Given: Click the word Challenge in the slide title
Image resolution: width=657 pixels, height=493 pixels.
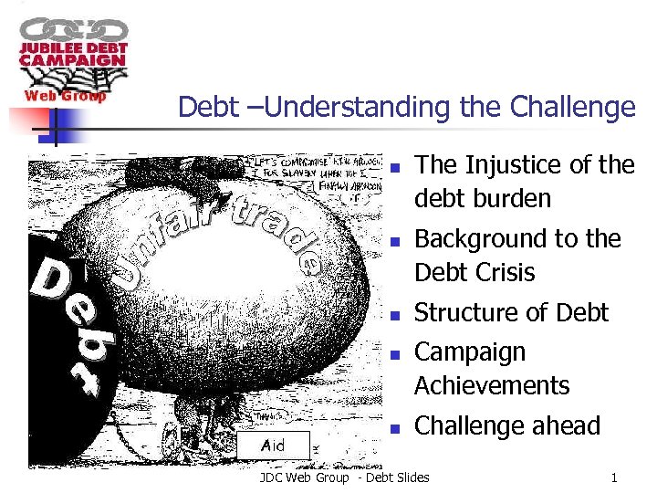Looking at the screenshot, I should pos(573,108).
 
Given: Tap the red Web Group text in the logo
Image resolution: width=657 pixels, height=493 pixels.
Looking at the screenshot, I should pos(64,95).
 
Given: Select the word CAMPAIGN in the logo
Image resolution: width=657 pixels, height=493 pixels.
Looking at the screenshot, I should pos(72,60).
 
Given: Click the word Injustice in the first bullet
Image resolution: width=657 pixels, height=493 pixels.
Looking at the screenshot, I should pos(517,165).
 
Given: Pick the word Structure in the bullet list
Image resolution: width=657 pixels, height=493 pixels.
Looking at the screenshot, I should pos(466,312).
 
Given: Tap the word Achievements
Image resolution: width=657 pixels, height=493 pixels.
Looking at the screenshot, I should pos(492,385).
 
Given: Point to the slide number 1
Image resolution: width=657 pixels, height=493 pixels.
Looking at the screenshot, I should pos(615,477).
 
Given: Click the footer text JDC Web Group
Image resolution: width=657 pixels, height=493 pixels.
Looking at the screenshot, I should pos(304,477).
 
